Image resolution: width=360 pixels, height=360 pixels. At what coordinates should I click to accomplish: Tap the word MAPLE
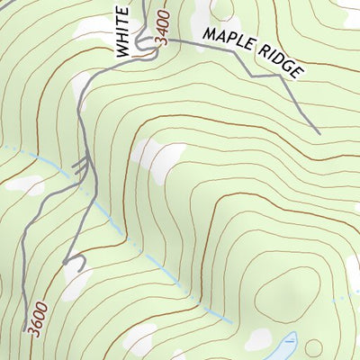coord(229,40)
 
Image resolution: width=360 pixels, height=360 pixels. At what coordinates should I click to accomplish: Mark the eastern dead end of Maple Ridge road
coord(319,134)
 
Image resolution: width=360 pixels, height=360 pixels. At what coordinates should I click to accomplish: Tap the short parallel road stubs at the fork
coord(81,165)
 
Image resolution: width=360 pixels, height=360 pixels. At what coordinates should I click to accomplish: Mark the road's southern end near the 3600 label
coord(23,330)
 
